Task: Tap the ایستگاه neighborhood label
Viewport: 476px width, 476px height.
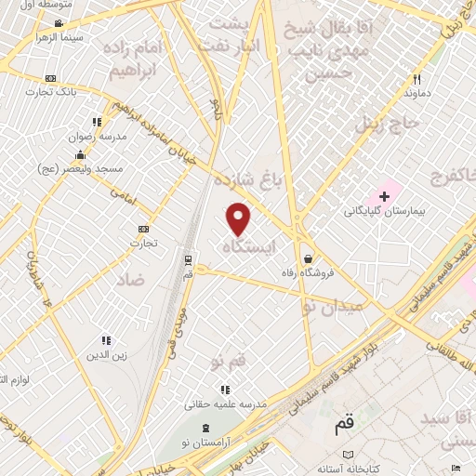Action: tap(250, 246)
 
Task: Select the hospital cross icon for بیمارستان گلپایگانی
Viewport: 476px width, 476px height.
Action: tap(384, 196)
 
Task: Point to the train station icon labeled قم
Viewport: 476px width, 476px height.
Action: tap(189, 259)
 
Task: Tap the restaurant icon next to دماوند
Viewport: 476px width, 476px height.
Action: tap(416, 79)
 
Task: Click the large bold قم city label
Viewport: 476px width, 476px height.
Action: tap(345, 426)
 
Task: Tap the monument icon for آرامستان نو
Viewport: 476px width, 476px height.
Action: tap(206, 427)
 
